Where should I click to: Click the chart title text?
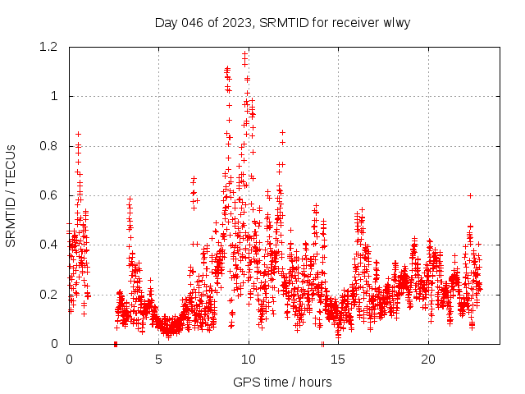282,23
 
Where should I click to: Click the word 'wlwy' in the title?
395,23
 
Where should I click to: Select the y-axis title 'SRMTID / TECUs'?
11,195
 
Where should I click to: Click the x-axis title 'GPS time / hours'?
282,382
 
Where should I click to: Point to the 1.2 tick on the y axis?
49,47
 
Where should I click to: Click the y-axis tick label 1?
54,96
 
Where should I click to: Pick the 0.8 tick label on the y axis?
49,146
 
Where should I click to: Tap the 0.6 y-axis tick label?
49,195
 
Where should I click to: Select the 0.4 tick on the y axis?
49,245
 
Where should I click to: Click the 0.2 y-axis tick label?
49,295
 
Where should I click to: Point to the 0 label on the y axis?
54,344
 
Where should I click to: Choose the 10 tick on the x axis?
249,360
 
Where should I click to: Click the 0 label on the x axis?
69,360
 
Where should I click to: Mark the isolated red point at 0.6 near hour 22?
470,195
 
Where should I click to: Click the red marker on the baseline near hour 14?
322,344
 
